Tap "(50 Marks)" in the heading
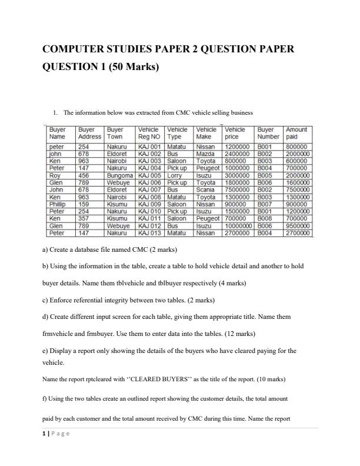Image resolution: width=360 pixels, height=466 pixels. [x=129, y=66]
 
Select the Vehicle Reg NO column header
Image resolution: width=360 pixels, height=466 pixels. [x=149, y=132]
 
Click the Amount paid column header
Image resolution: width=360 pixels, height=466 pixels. [x=296, y=132]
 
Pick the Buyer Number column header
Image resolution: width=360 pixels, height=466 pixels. [x=268, y=132]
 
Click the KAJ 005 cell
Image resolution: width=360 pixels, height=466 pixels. [x=149, y=175]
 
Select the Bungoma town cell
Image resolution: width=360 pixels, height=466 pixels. [x=120, y=175]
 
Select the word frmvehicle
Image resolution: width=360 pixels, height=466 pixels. [x=59, y=333]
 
